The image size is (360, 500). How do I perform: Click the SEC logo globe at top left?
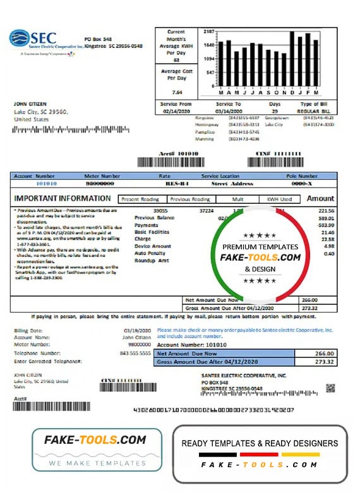20,38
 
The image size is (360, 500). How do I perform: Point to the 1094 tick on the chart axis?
209,59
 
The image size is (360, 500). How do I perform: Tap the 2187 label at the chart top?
209,31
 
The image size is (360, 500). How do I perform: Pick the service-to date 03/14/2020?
228,110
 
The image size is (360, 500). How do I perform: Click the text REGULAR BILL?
314,110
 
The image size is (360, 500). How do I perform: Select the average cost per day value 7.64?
176,92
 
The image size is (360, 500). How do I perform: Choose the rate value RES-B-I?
164,183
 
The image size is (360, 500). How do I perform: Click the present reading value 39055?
160,210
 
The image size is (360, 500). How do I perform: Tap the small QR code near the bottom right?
330,388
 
